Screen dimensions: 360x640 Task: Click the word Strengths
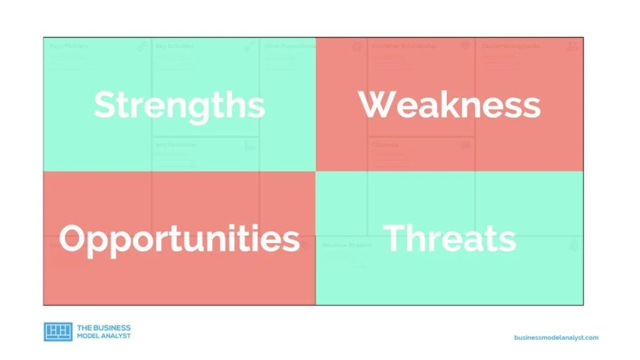[x=179, y=104]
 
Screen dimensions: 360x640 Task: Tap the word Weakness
[x=449, y=104]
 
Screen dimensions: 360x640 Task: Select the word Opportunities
[x=179, y=239]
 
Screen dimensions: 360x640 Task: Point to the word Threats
[x=449, y=239]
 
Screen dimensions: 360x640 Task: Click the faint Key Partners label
[x=69, y=46]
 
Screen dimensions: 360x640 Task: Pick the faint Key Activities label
[x=174, y=46]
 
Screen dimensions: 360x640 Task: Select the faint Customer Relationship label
[x=404, y=46]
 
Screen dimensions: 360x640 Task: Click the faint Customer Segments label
[x=510, y=46]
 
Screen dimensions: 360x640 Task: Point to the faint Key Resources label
[x=176, y=145]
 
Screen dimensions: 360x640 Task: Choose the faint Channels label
[x=385, y=145]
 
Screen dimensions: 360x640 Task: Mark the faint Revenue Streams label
[x=346, y=246]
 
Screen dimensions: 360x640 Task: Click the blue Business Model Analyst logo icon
[x=58, y=332]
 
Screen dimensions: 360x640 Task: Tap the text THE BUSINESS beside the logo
[x=104, y=327]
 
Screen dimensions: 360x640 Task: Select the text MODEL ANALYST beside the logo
[x=104, y=336]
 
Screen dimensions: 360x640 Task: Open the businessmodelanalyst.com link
[x=556, y=337]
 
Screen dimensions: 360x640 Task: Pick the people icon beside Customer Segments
[x=572, y=46]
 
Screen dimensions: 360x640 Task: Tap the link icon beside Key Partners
[x=142, y=46]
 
